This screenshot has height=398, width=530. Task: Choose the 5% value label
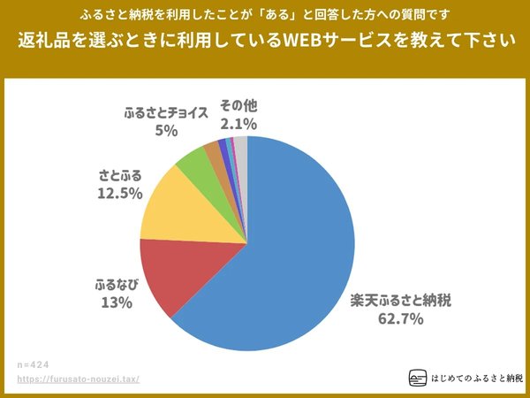[166, 130]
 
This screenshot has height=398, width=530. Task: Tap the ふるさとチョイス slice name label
[166, 113]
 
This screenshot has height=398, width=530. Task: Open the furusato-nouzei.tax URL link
[79, 379]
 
